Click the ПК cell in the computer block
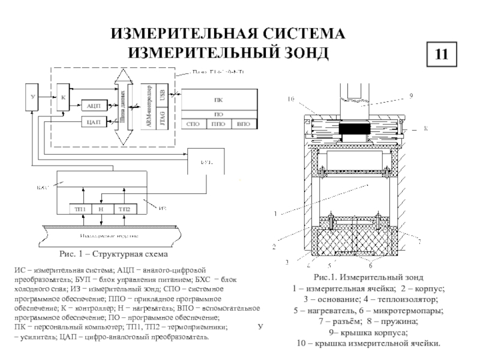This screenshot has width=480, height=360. pyautogui.click(x=218, y=100)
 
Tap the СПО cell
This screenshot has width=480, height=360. pyautogui.click(x=193, y=125)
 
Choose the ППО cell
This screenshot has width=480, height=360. pyautogui.click(x=218, y=125)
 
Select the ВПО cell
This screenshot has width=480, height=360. pyautogui.click(x=243, y=125)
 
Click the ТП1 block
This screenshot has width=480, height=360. pyautogui.click(x=80, y=208)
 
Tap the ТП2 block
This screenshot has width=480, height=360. pyautogui.click(x=124, y=208)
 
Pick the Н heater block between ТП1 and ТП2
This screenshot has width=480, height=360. pyautogui.click(x=102, y=208)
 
